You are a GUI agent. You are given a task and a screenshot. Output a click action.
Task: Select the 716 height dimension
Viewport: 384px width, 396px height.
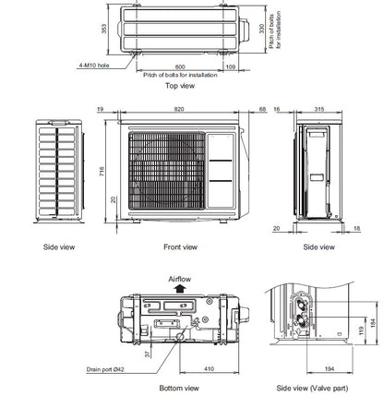pos(102,172)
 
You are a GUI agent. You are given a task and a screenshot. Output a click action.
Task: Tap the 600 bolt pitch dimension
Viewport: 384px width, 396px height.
pos(180,66)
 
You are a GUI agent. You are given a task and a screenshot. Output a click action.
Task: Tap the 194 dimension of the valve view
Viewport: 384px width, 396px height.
pos(304,369)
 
